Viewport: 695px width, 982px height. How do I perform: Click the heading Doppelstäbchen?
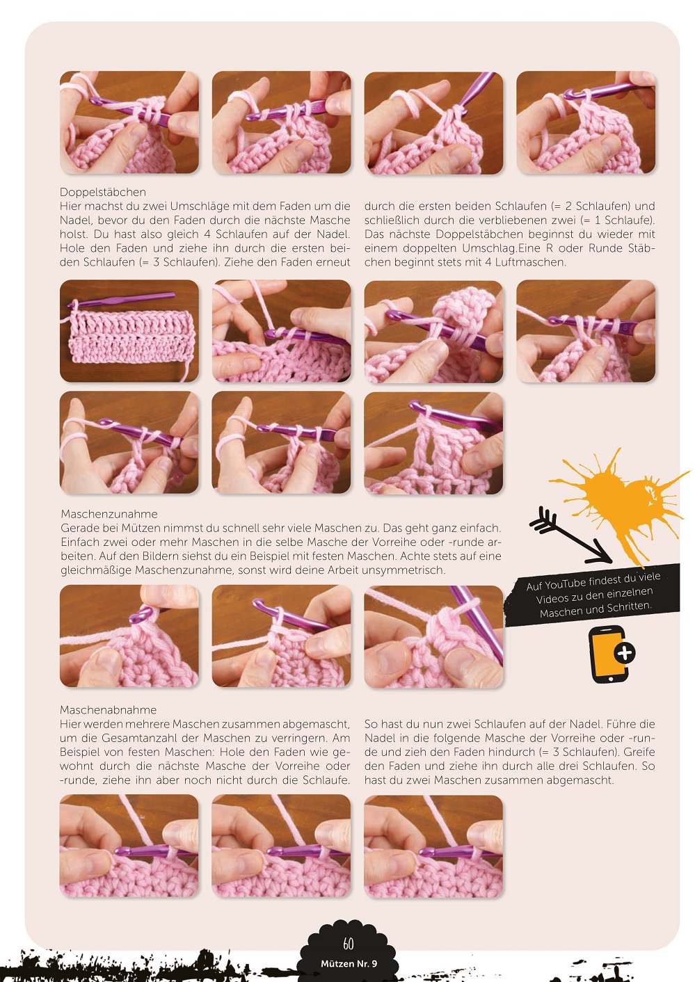click(x=102, y=193)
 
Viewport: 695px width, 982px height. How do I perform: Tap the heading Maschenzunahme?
click(x=109, y=514)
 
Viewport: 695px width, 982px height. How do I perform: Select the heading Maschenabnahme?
click(x=108, y=710)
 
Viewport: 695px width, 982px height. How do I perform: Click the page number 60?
click(x=348, y=942)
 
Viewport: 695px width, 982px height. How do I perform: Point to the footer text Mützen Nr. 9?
click(x=349, y=963)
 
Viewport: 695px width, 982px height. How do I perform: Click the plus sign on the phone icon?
click(x=625, y=653)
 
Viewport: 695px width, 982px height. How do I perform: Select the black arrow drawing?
click(x=570, y=536)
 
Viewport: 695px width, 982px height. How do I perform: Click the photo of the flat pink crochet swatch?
click(x=129, y=331)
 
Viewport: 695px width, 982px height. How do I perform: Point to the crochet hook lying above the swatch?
click(x=120, y=300)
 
